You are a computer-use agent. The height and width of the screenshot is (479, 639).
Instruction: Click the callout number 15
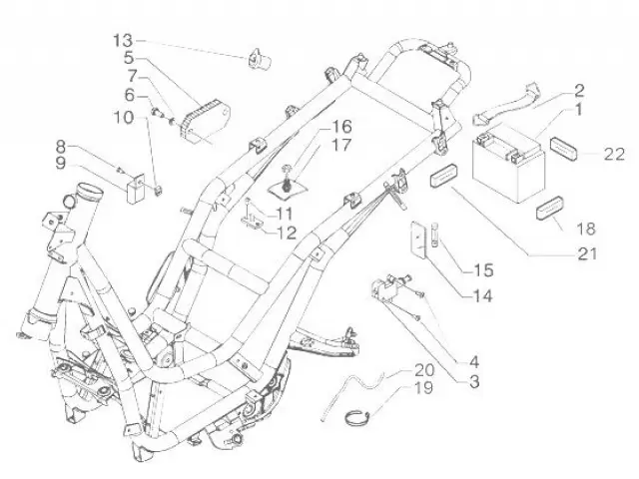pyautogui.click(x=482, y=269)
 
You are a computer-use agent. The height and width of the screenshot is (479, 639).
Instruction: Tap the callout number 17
pyautogui.click(x=314, y=145)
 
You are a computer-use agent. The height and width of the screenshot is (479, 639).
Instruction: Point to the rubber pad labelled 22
pyautogui.click(x=566, y=145)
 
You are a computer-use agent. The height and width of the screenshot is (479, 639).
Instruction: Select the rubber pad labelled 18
pyautogui.click(x=551, y=212)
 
